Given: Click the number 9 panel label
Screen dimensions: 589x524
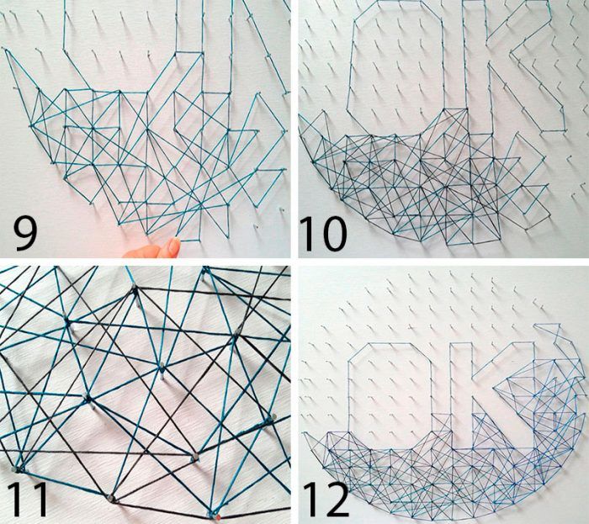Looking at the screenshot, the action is [x=25, y=234].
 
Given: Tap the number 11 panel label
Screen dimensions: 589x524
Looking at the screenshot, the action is [x=27, y=499].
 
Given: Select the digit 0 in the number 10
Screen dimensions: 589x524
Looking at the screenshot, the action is [x=332, y=234].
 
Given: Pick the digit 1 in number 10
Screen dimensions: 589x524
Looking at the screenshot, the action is [x=307, y=234].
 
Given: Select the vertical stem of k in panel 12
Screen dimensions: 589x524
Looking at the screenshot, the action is [x=461, y=390].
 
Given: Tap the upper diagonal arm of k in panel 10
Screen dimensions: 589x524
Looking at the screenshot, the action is [x=518, y=19].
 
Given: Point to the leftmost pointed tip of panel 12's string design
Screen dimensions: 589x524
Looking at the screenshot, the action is [x=305, y=433].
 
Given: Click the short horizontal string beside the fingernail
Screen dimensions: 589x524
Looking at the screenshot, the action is [x=190, y=241].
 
